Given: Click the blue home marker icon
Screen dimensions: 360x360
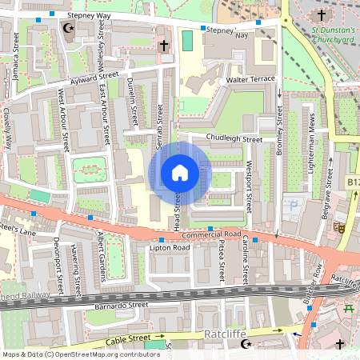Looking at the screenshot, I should coord(180,173).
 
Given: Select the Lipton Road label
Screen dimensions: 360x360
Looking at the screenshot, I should coord(170,249).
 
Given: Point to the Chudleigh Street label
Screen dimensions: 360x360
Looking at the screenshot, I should coord(234,139).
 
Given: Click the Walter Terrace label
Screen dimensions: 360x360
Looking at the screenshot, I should coord(250,80).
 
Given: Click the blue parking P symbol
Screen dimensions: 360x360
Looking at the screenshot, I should coord(294,206).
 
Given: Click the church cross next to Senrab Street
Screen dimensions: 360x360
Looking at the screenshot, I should coord(164,46).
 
